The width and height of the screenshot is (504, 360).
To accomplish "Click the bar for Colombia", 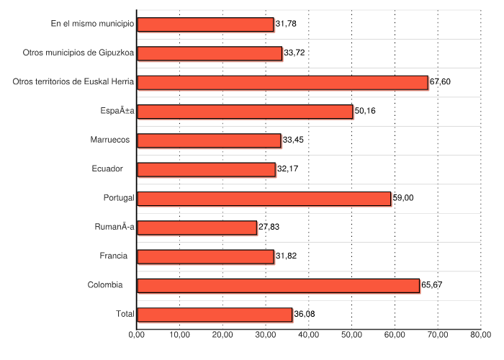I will (x=278, y=285).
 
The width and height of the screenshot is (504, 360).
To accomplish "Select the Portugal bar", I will (x=264, y=198).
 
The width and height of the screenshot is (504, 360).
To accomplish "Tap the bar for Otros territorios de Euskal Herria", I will (x=282, y=82).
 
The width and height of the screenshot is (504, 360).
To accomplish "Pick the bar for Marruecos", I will (x=209, y=140).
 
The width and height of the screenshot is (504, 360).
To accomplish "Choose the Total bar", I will (x=215, y=314).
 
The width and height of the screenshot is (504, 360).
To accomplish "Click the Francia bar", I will (x=205, y=256).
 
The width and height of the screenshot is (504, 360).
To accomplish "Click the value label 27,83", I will (x=269, y=228).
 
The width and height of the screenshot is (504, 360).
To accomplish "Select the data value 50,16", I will (x=365, y=111).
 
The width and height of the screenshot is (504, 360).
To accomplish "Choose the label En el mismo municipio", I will (x=92, y=24).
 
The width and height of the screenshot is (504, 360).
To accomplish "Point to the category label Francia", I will (x=114, y=256).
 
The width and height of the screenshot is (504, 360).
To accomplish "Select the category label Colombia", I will (x=105, y=285).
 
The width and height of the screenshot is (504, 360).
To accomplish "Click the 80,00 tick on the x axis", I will (x=480, y=334).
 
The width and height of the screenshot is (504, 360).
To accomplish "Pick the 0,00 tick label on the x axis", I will (x=137, y=334).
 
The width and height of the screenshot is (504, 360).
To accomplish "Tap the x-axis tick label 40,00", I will (x=308, y=334).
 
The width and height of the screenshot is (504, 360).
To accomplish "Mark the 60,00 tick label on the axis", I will (x=395, y=334).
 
